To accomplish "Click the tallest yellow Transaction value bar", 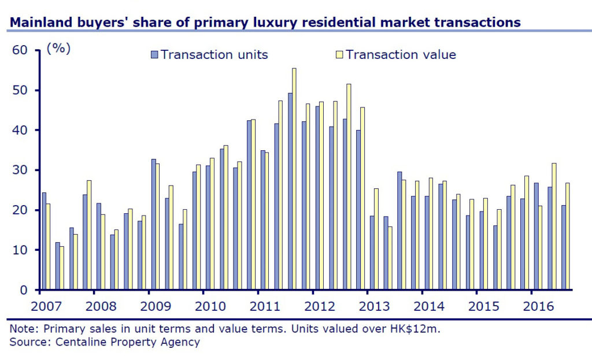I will click(294, 179).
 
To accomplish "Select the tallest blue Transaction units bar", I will click(290, 191).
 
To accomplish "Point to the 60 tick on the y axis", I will click(21, 50).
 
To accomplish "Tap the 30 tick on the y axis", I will click(21, 170).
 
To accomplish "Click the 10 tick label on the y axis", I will click(21, 250).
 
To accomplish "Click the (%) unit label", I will click(58, 49).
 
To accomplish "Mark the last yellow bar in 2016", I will click(567, 236).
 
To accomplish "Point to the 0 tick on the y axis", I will click(25, 290).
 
